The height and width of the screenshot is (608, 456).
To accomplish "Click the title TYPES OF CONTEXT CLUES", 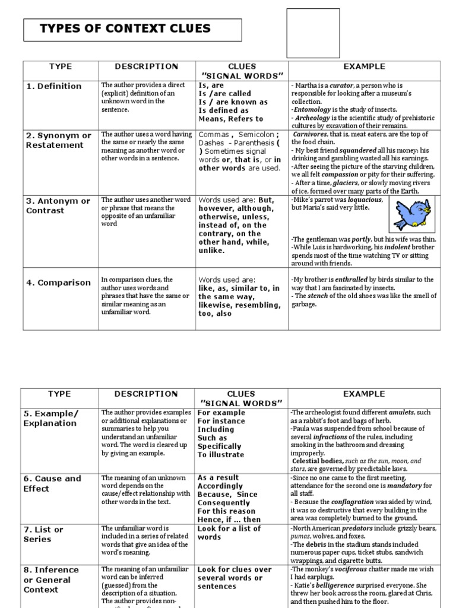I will (x=125, y=28).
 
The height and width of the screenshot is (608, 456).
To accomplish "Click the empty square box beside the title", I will (x=305, y=33).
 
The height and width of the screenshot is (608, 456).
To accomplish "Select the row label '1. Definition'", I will (x=53, y=86).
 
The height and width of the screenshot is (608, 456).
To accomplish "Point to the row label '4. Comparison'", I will (x=58, y=283).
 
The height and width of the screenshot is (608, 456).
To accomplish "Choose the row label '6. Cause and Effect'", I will (x=52, y=483).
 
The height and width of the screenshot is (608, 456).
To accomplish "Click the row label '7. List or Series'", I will (x=43, y=534).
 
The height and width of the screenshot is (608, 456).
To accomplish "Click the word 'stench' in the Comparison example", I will (x=318, y=296).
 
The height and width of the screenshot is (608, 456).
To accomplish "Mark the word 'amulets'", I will (x=402, y=412).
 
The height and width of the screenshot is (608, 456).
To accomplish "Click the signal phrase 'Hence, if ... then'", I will (x=229, y=520).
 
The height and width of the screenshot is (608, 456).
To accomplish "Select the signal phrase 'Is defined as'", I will (x=223, y=110).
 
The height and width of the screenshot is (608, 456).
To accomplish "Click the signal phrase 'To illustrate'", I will (x=220, y=455).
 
